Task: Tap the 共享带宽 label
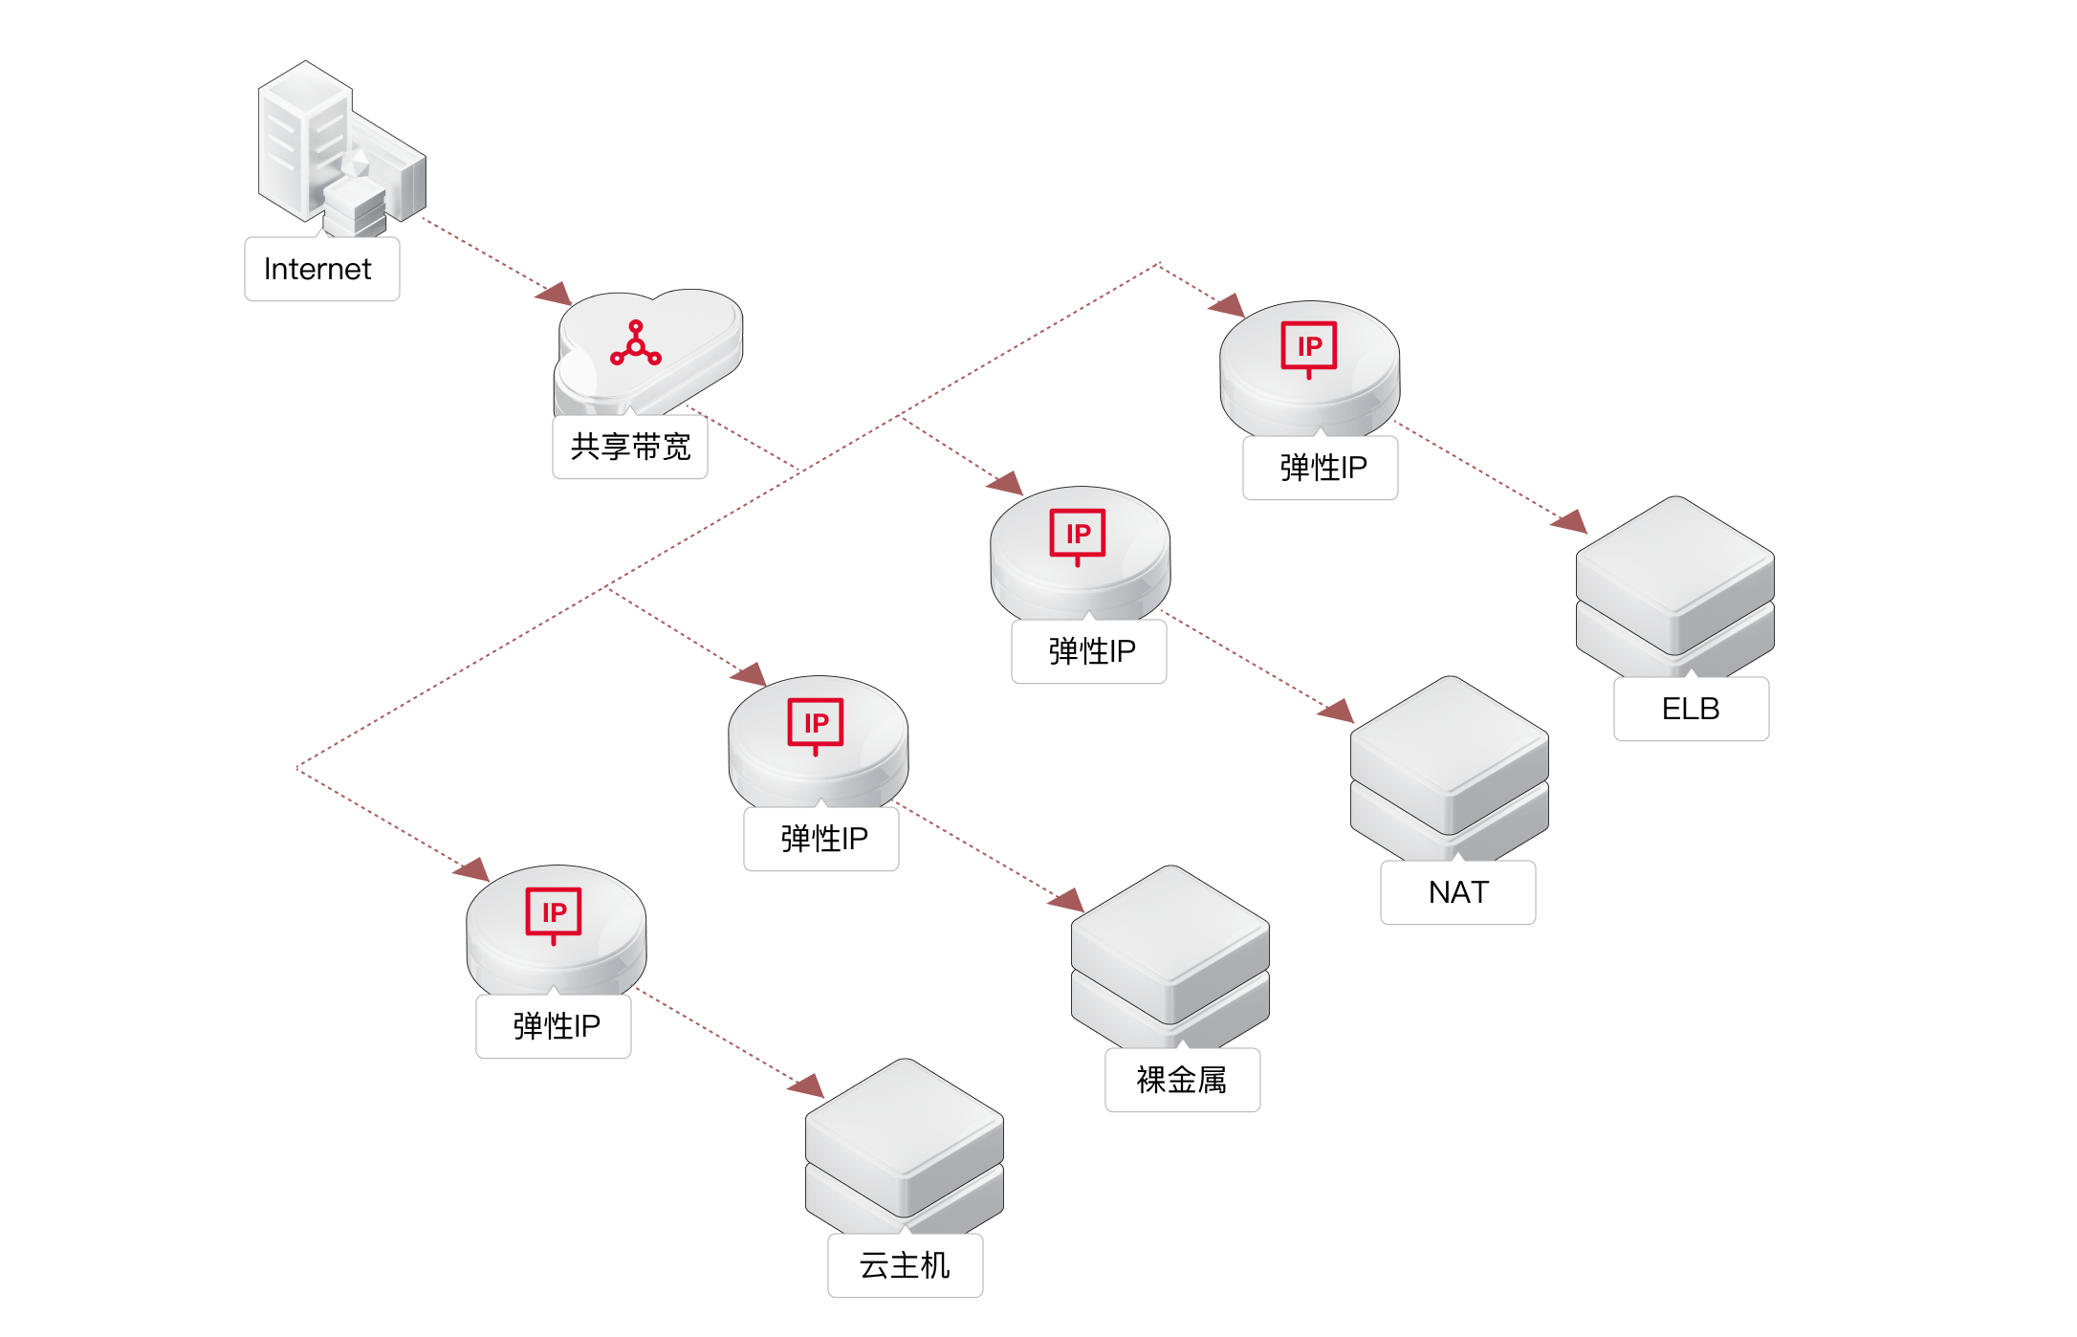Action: click(x=630, y=447)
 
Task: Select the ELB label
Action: click(x=1691, y=709)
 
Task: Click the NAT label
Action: click(x=1457, y=892)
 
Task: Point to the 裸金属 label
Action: click(x=1182, y=1080)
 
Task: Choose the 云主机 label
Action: click(x=905, y=1265)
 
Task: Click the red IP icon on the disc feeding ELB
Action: click(x=1309, y=348)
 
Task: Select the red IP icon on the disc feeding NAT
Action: click(x=1078, y=536)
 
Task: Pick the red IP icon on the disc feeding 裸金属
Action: click(x=816, y=725)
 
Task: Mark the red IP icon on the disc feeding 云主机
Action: click(x=554, y=914)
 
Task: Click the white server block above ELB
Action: click(x=1674, y=583)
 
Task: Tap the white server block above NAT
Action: click(x=1449, y=765)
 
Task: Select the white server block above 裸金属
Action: click(x=1170, y=953)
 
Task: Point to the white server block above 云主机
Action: click(x=904, y=1146)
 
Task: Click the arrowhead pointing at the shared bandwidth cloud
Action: click(x=556, y=295)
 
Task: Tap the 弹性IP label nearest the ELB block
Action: click(x=1321, y=468)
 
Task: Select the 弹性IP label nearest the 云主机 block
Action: click(x=554, y=1026)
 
